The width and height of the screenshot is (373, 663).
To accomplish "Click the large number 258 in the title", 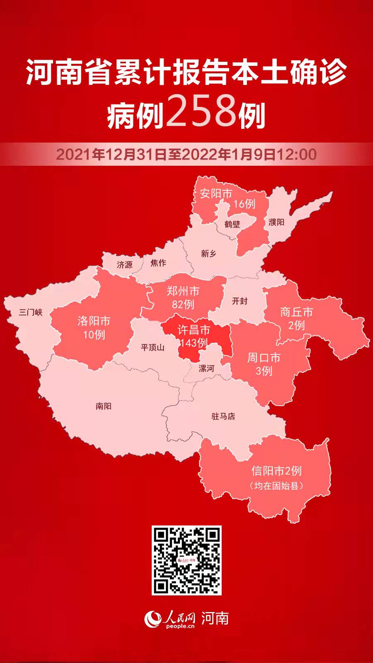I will [201, 111].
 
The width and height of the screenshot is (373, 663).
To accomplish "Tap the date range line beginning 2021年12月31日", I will [186, 155].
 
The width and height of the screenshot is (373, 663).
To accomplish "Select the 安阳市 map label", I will [216, 193].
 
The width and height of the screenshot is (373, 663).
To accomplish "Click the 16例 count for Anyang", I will [244, 204].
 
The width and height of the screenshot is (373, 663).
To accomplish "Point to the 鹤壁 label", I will [232, 224].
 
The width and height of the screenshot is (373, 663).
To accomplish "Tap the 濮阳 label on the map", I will [276, 222].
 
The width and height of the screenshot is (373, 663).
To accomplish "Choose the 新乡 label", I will [208, 254].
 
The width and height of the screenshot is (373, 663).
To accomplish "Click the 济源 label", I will [124, 264].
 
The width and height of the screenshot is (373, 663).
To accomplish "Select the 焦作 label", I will [158, 263].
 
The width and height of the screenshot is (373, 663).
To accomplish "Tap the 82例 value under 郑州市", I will [183, 305].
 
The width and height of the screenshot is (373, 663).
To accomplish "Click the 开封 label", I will [240, 301].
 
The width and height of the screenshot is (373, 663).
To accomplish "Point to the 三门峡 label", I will [31, 312].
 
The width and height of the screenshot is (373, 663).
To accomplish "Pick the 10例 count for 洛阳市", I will [94, 334].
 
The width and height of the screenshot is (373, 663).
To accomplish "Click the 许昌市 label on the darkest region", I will [194, 330].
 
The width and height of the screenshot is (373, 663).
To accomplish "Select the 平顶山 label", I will [153, 347].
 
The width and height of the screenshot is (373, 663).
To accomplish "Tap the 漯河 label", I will [206, 368].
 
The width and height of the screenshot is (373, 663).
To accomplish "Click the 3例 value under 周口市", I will [264, 370].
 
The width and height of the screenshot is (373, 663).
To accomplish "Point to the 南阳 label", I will [103, 406].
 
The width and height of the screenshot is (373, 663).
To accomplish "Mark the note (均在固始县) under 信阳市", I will [276, 486].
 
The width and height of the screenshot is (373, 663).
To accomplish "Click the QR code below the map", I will [186, 560].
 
